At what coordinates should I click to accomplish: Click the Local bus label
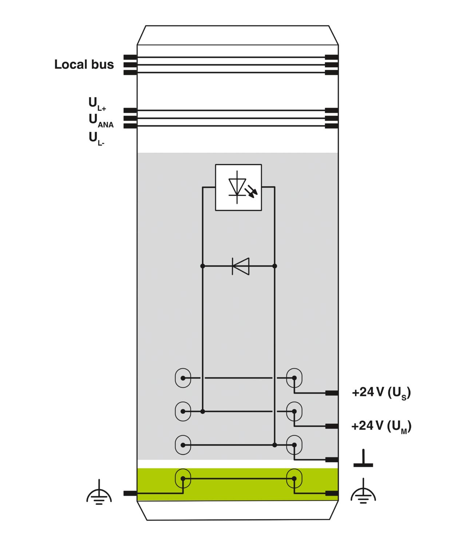coord(84,64)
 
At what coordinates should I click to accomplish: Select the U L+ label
coord(97,103)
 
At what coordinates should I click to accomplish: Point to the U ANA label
coord(101,120)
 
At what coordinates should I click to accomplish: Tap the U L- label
coord(96,139)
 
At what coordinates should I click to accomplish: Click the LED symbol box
coord(238,187)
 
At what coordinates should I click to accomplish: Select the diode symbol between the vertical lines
coord(240,266)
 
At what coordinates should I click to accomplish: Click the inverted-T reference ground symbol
coord(363,458)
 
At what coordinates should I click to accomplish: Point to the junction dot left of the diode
coord(203,266)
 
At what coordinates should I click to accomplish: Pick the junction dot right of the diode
coord(275,266)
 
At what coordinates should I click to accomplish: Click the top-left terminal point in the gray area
coord(183,378)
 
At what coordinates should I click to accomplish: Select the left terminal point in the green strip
coord(183,478)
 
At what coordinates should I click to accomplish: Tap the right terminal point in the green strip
coord(294,478)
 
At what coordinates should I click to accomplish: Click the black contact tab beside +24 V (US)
coord(332,393)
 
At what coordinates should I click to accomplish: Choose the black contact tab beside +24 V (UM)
coord(332,426)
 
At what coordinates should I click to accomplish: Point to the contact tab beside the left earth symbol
coord(130,493)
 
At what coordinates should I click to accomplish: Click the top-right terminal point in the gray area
coord(294,378)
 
